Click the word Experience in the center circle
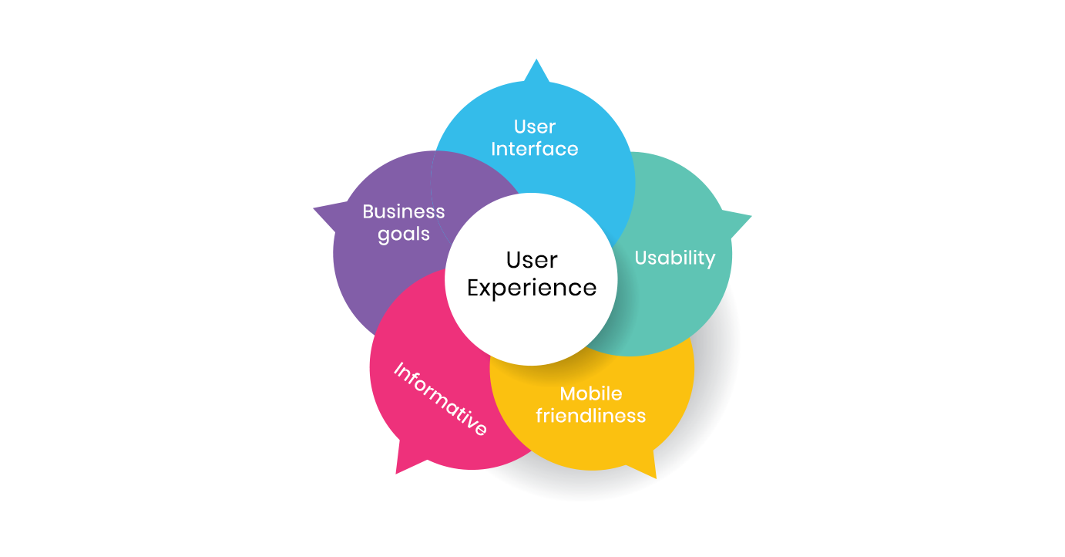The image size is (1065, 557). (532, 289)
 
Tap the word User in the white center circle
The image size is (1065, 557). (532, 260)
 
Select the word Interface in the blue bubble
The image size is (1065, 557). (534, 149)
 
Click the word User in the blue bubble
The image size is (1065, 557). (535, 127)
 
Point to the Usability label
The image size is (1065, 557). (674, 258)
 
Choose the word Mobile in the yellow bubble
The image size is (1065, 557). (591, 393)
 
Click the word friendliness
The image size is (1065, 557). (591, 416)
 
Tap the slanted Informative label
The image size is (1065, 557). (440, 399)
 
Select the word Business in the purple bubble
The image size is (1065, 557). (404, 211)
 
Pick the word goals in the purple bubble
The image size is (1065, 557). (404, 235)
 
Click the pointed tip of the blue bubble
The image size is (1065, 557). (536, 59)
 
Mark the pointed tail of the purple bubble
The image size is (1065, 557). (314, 208)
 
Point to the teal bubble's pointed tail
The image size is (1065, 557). (751, 216)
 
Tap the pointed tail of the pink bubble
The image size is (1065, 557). (396, 474)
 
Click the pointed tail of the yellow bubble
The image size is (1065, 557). (656, 478)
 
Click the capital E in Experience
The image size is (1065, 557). (473, 288)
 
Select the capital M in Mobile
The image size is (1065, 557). (568, 393)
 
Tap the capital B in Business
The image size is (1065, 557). (368, 211)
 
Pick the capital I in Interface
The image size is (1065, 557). (493, 149)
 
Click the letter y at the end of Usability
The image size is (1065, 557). (711, 261)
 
